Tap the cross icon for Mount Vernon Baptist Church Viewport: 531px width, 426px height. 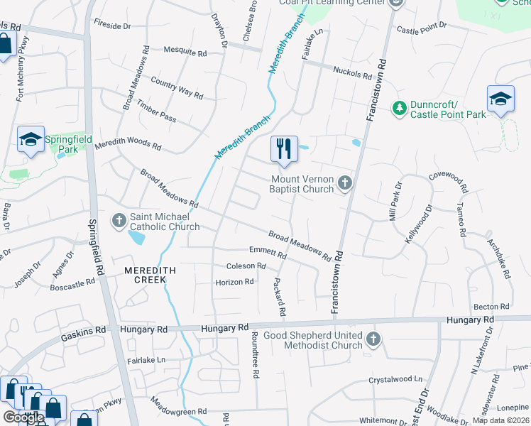(344, 183)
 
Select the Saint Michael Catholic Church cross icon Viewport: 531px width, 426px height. (119, 221)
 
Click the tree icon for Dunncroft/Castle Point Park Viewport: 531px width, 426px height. (400, 107)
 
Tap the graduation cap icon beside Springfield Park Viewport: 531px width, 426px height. (31, 140)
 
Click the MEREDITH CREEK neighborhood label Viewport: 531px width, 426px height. (145, 275)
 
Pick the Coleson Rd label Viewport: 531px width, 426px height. (246, 266)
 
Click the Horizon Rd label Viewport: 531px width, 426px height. (234, 282)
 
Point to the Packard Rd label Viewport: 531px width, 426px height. (280, 297)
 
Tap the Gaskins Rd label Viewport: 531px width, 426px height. (83, 330)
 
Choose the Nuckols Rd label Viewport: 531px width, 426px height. (352, 75)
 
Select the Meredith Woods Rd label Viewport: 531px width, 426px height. (128, 144)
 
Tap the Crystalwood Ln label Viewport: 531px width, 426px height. (395, 381)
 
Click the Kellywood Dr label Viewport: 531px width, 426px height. (418, 225)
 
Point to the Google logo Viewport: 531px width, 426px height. (23, 417)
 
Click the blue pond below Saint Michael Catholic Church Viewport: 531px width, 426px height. (136, 237)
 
